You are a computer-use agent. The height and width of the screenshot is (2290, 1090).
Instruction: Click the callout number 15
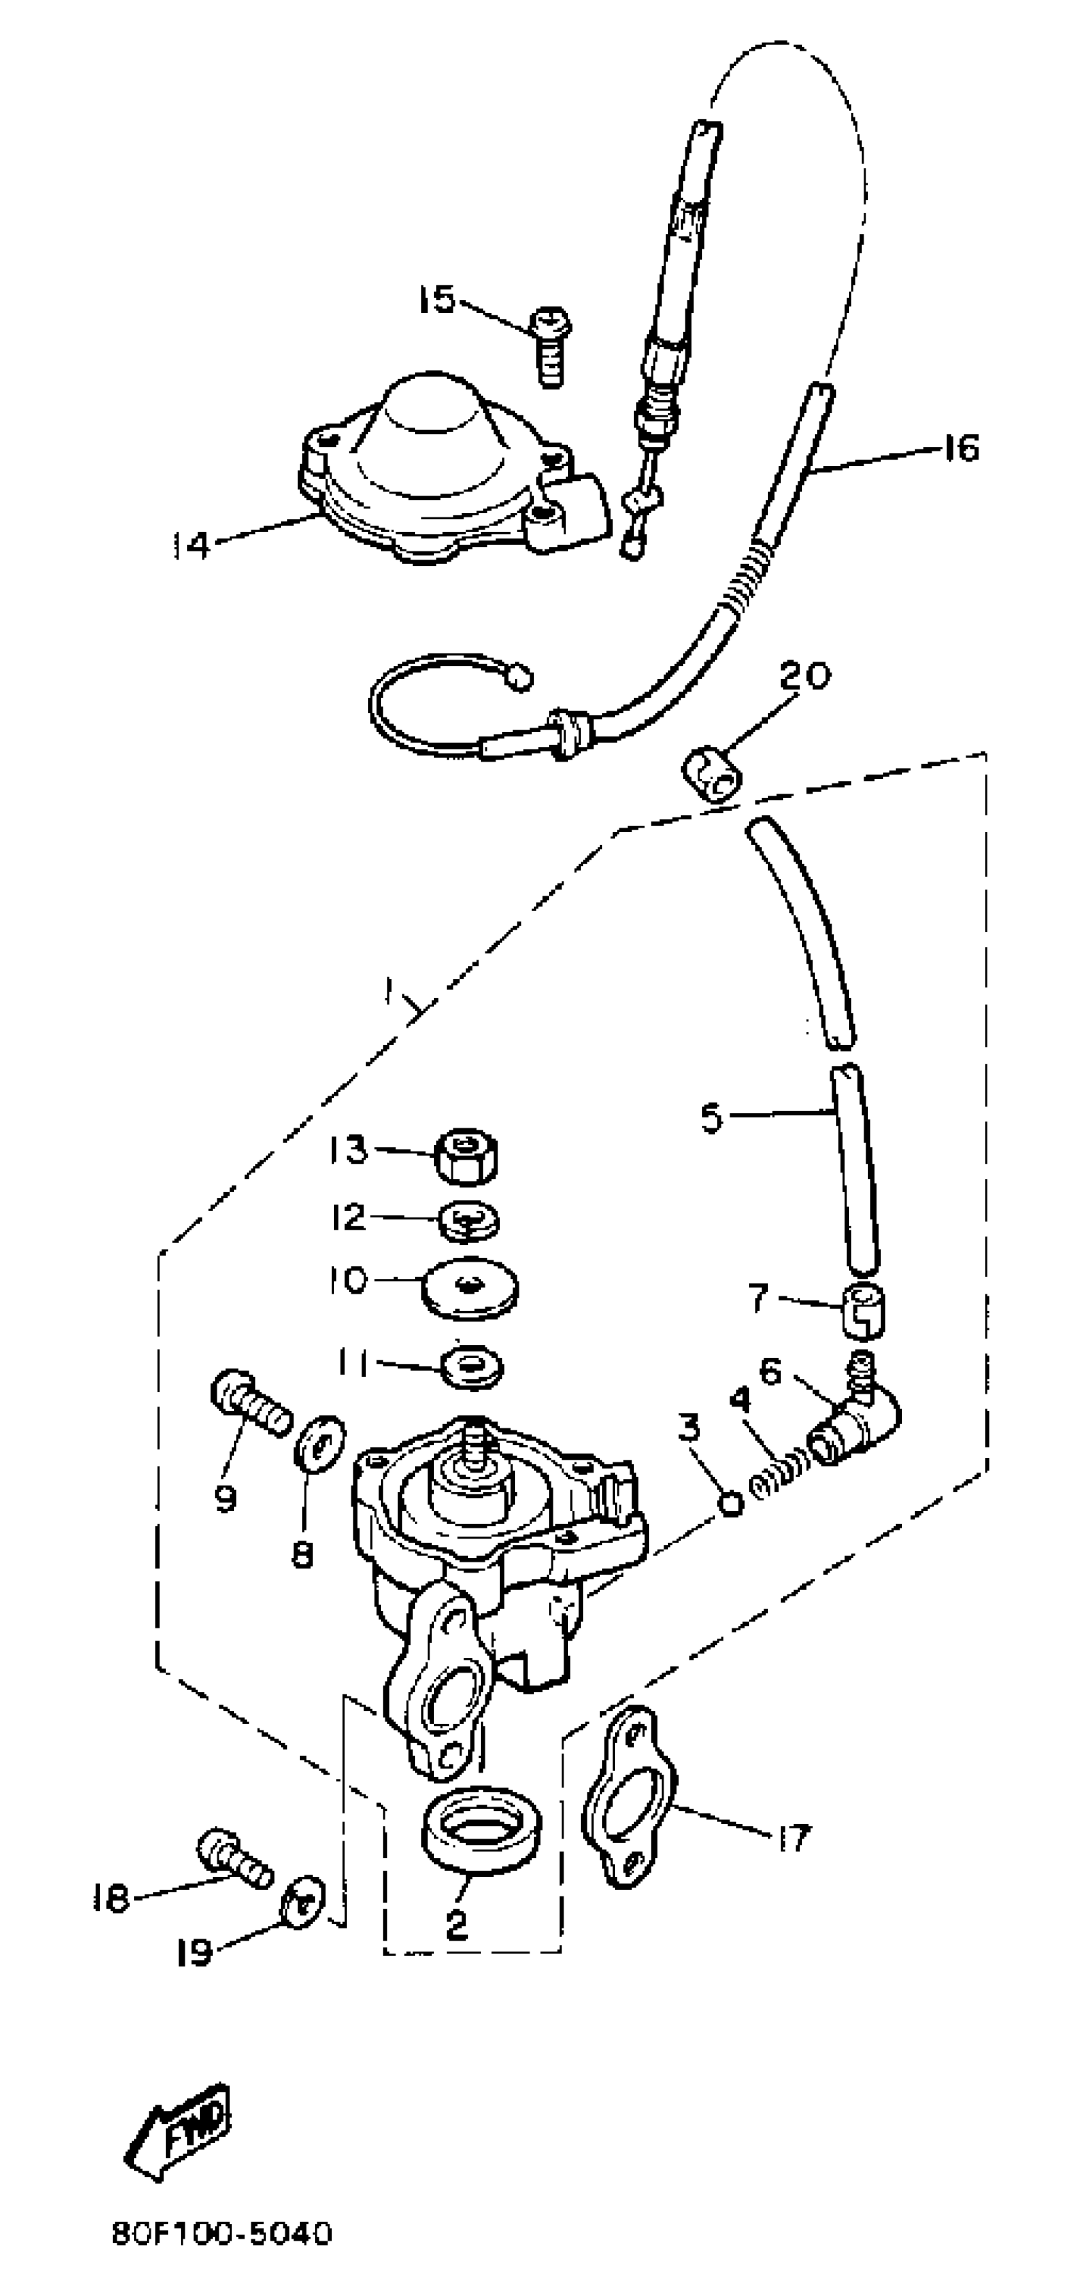pyautogui.click(x=437, y=299)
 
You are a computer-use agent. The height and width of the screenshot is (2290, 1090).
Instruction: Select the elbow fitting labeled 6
pyautogui.click(x=855, y=1423)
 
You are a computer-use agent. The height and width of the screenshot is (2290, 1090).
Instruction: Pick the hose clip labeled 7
pyautogui.click(x=863, y=1310)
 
